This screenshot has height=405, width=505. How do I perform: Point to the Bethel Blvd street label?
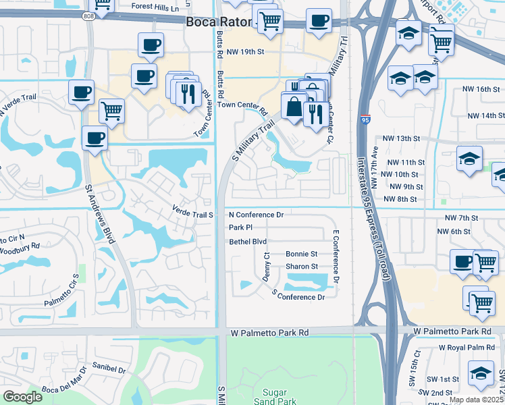(248, 241)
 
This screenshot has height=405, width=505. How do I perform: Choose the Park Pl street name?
(240, 227)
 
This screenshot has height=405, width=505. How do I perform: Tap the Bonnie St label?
(301, 254)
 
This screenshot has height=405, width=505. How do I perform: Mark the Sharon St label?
(301, 267)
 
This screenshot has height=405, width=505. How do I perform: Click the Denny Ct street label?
(267, 267)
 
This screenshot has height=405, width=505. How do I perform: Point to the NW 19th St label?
(244, 51)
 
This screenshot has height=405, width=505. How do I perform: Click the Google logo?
(22, 396)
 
